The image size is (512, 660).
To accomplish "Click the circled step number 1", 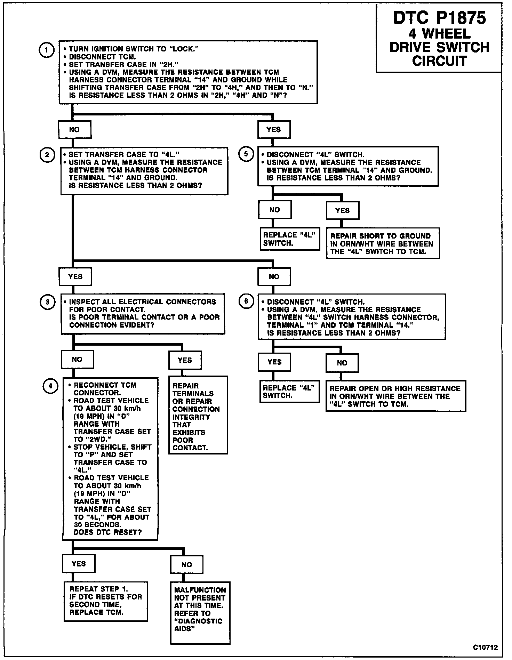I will [46, 50].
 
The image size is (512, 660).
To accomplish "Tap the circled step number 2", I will [47, 155].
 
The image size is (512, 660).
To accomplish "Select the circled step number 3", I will [47, 302].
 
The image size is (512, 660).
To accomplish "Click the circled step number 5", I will [246, 154].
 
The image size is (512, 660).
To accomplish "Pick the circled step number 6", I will [246, 301].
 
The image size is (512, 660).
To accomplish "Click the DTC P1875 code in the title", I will [439, 18].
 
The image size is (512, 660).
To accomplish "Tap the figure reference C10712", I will [485, 647].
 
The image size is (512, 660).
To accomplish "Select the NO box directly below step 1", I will [75, 130].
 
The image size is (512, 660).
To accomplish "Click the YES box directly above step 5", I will [274, 130].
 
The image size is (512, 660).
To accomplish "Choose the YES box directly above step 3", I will [75, 277].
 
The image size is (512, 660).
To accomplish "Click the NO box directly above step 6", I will [274, 277].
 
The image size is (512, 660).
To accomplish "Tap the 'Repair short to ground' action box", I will [383, 243].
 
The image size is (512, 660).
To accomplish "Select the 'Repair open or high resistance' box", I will [395, 396].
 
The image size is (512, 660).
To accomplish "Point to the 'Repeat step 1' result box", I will [106, 601].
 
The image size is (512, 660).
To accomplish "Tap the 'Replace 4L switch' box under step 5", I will [290, 239].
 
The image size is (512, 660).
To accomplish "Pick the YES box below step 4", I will [79, 564].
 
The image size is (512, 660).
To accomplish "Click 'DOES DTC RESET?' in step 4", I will [107, 532].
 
